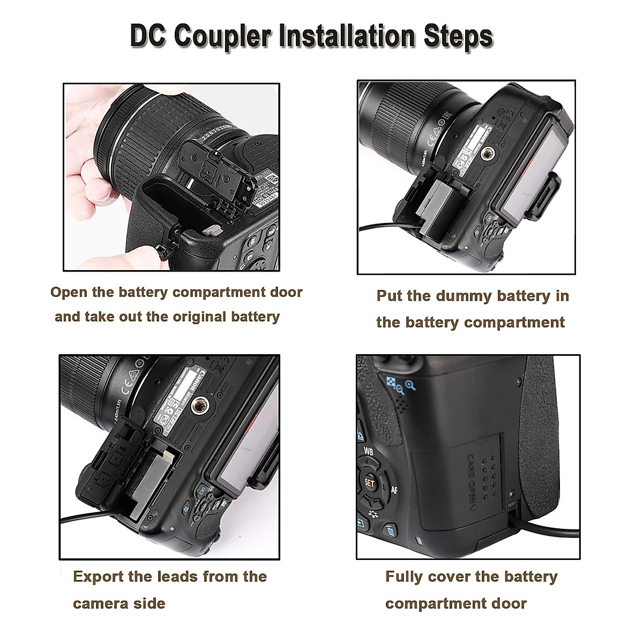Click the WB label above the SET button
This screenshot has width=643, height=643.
click(368, 451)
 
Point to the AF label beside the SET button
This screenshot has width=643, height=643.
click(394, 489)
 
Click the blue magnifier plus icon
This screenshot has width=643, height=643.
click(410, 384)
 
